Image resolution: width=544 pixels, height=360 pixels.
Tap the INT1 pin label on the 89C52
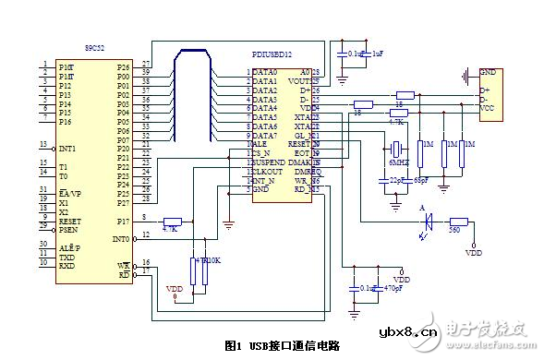[x=69, y=146]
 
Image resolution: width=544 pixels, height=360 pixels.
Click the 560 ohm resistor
[x=459, y=222]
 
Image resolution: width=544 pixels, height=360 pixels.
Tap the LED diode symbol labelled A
[x=428, y=222]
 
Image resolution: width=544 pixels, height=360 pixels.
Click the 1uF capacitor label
[x=377, y=54]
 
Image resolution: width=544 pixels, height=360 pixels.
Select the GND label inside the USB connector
[x=487, y=72]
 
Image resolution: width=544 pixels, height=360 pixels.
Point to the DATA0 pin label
[x=265, y=72]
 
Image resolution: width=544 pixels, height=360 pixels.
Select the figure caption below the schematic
[x=282, y=345]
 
